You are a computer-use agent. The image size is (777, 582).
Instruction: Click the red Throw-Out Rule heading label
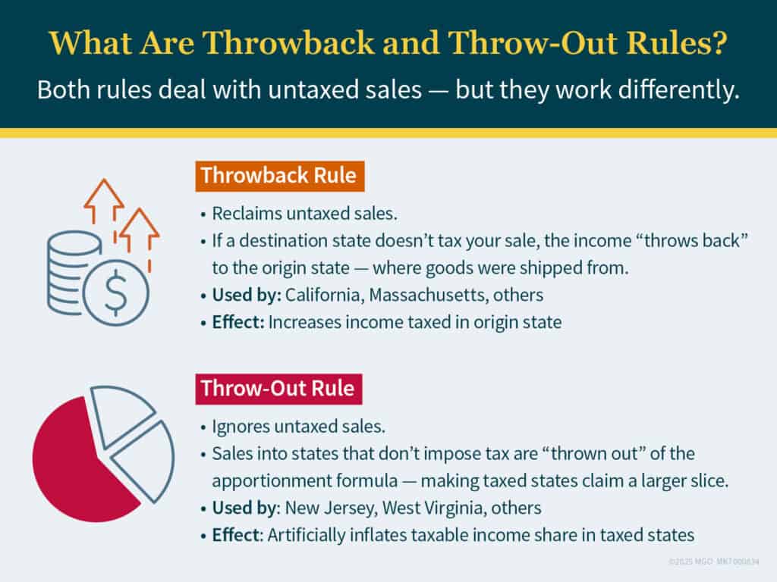pyautogui.click(x=277, y=389)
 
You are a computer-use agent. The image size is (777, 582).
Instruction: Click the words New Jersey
pyautogui.click(x=324, y=506)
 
